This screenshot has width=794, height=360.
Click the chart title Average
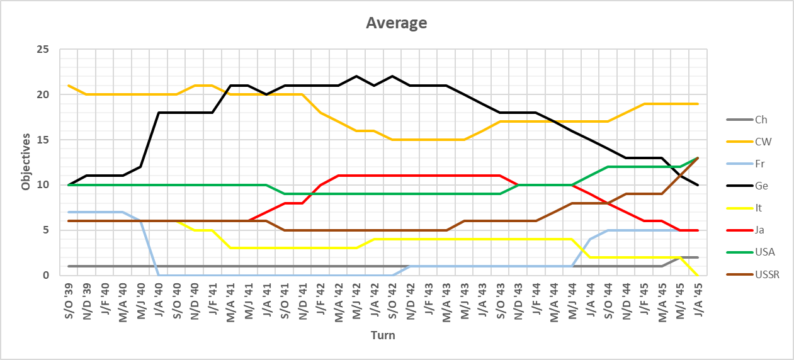(x=397, y=24)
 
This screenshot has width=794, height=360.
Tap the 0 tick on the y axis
(x=53, y=275)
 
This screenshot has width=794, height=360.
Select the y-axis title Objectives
(x=26, y=162)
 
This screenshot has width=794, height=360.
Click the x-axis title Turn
(x=383, y=335)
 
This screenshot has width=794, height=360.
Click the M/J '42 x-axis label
(x=356, y=300)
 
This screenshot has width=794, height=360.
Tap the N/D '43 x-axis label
(x=518, y=300)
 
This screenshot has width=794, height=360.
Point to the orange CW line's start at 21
(x=69, y=86)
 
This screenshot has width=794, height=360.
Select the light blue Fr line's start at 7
(x=69, y=212)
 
